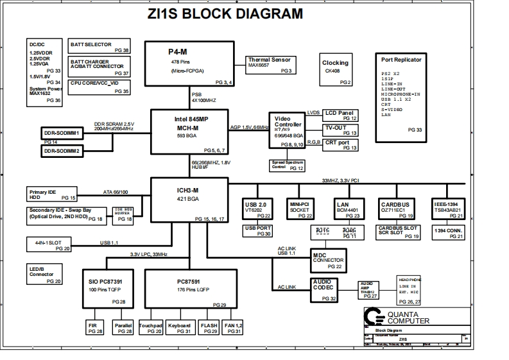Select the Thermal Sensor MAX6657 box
[x=270, y=65]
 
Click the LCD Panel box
[x=340, y=115]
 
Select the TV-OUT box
[x=340, y=130]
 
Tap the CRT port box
[x=340, y=145]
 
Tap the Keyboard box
[x=180, y=327]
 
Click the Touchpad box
[x=150, y=327]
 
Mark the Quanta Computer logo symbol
[x=372, y=318]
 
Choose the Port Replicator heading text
[x=401, y=60]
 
